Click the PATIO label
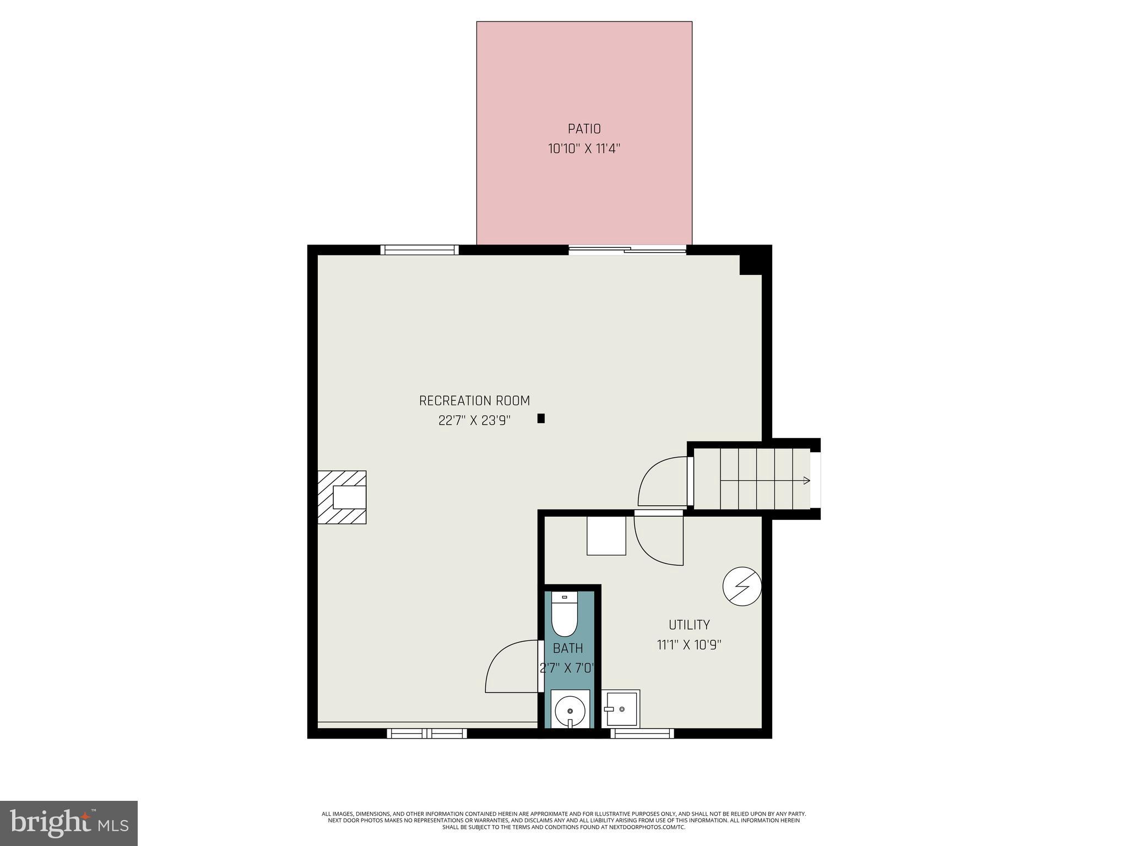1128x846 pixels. pos(584,129)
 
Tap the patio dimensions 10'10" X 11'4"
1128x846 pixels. pos(584,149)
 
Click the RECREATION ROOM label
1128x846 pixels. pos(474,400)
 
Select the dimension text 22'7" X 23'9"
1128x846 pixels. pos(474,420)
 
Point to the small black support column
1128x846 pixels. pos(541,419)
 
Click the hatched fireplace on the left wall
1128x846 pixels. pos(342,497)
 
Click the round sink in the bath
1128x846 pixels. pos(570,711)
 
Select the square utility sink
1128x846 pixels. pos(621,709)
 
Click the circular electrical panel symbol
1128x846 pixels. pos(741,587)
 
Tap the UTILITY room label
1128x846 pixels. pos(689,625)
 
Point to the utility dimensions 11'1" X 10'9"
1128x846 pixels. pos(689,644)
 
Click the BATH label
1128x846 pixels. pos(568,648)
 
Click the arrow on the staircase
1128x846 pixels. pos(806,480)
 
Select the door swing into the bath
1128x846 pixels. pos(509,668)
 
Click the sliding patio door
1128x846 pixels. pos(627,251)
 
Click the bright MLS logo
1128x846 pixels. pos(69,823)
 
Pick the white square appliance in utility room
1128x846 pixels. pos(606,535)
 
